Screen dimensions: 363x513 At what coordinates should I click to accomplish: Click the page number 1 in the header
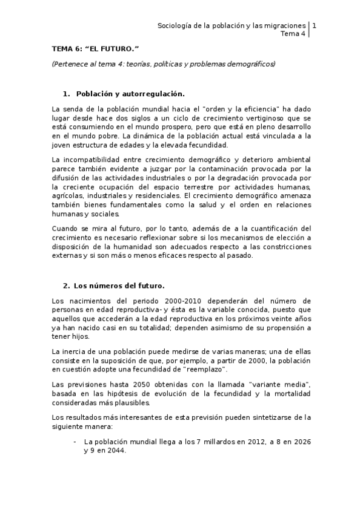click(x=314, y=26)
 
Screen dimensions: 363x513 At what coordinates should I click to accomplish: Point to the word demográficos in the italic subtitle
click(x=251, y=63)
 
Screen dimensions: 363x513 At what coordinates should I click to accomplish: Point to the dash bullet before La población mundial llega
click(x=75, y=442)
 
